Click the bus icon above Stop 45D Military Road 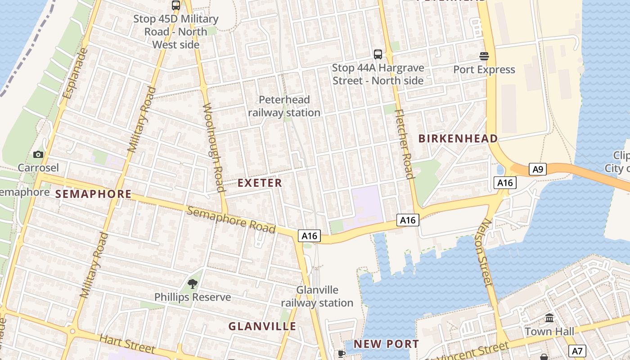point(176,5)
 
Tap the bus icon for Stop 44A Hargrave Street point(378,54)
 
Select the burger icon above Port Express point(484,56)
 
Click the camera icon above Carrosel point(38,155)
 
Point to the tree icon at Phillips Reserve point(193,284)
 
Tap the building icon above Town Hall point(549,318)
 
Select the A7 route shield point(577,351)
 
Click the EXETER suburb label point(260,183)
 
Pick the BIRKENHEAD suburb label point(458,139)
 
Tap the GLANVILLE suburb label point(262,326)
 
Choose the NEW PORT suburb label point(386,344)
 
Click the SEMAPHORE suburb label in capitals point(93,194)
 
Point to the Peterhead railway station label point(284,106)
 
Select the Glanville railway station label point(317,296)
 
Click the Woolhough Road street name point(214,148)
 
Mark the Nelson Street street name point(485,252)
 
